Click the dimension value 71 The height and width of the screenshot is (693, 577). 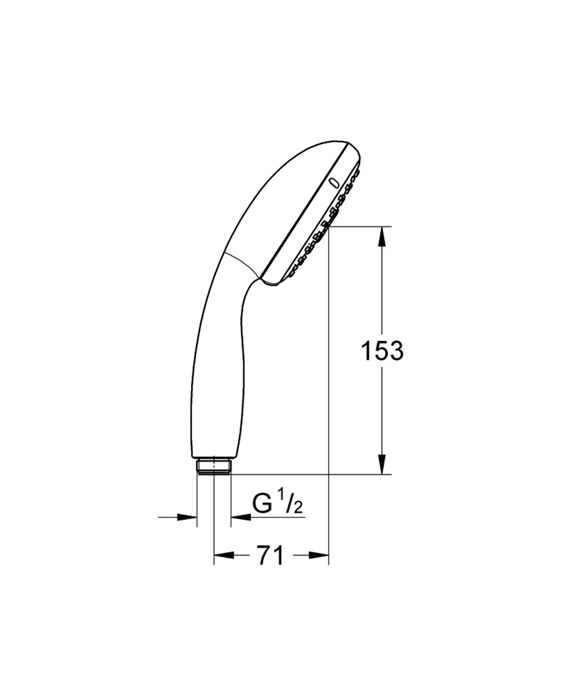click(x=271, y=556)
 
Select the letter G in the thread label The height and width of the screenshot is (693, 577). click(x=262, y=504)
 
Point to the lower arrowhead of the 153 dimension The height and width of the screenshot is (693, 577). click(x=382, y=464)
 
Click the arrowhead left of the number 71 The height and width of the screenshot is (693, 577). click(x=224, y=555)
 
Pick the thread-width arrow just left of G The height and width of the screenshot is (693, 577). click(x=241, y=517)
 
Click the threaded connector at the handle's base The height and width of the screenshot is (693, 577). click(x=214, y=466)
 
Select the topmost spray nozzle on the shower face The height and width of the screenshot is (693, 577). click(x=357, y=172)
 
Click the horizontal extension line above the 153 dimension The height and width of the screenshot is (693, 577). click(x=361, y=226)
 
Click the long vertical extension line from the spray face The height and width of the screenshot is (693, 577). click(x=328, y=385)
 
